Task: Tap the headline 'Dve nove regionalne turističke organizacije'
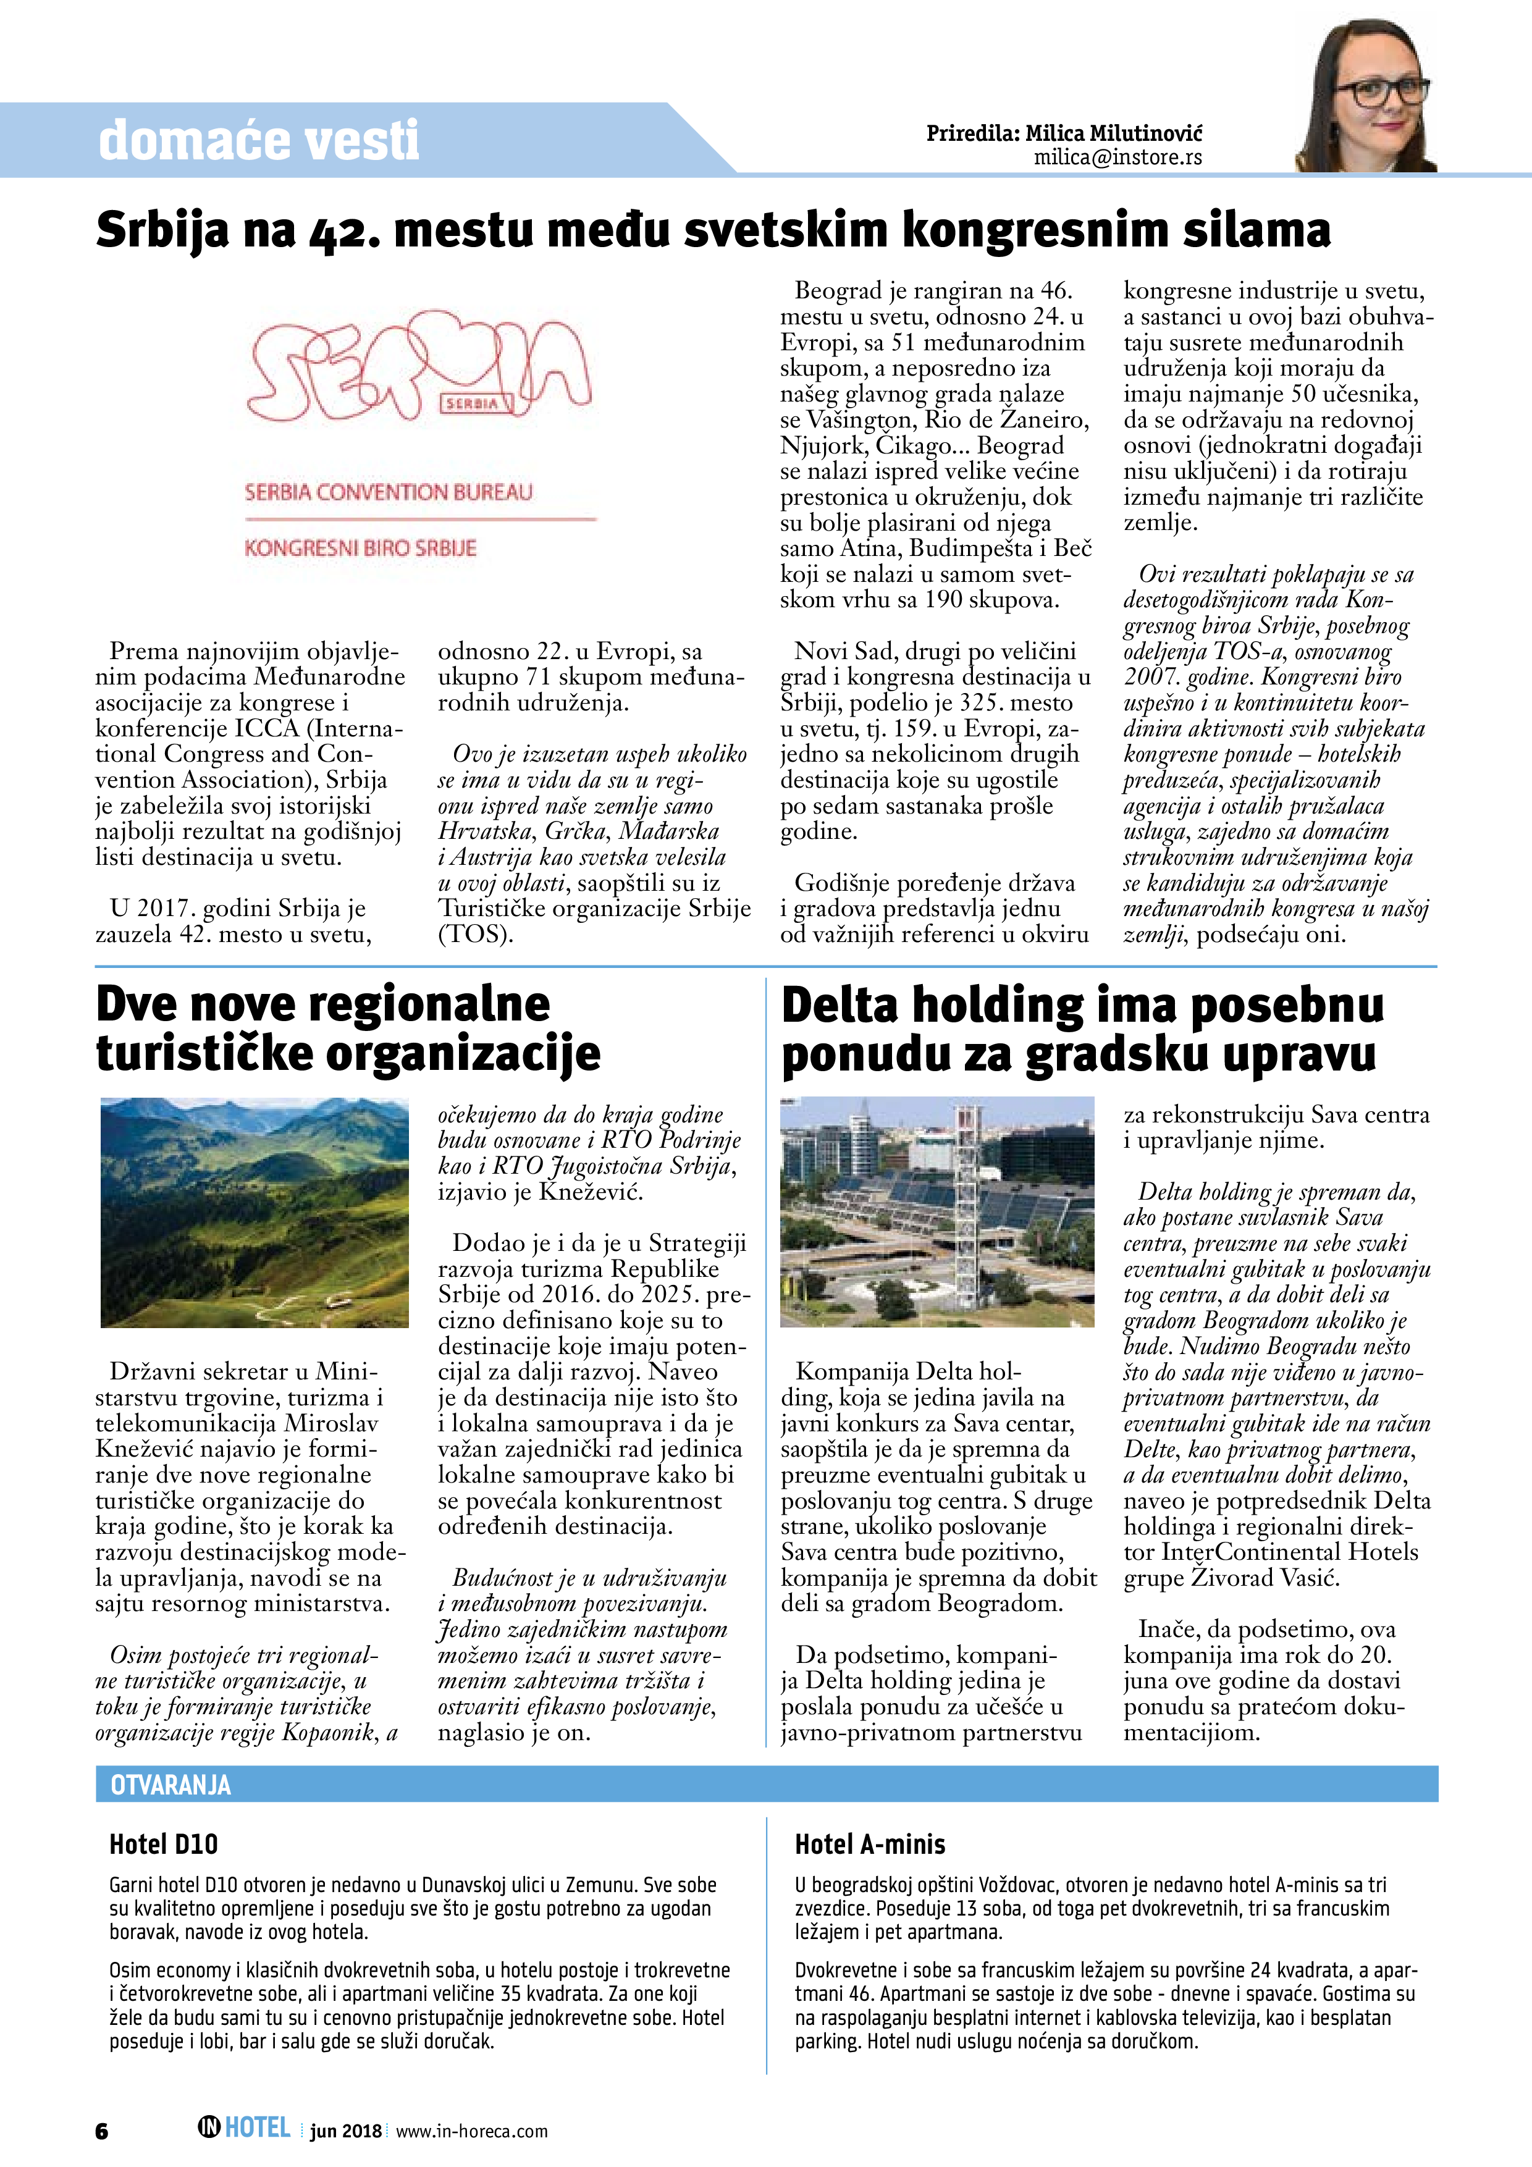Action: click(x=347, y=1029)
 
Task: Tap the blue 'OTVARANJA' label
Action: click(x=171, y=1785)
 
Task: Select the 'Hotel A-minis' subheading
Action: click(x=869, y=1844)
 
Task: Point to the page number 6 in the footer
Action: click(x=102, y=2131)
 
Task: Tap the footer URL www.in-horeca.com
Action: click(x=471, y=2131)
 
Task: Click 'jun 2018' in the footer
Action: click(x=345, y=2131)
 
